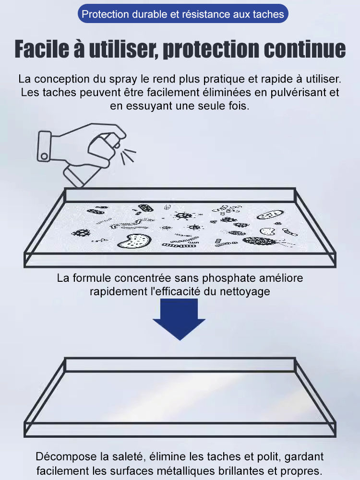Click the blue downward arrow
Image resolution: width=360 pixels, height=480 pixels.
click(179, 318)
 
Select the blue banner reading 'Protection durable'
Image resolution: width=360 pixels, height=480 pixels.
click(183, 14)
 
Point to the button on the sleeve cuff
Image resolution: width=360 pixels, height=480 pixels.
click(45, 156)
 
